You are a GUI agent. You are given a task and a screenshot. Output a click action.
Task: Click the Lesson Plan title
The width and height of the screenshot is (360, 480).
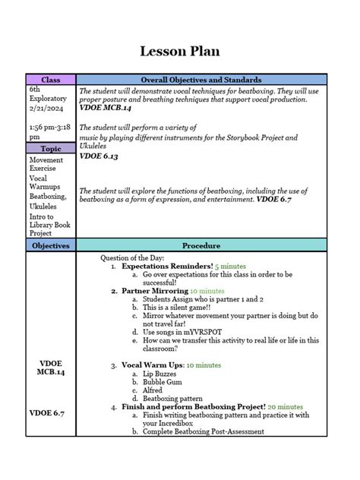coord(179,52)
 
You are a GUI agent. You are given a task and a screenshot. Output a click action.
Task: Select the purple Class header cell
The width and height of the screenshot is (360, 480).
coord(51,80)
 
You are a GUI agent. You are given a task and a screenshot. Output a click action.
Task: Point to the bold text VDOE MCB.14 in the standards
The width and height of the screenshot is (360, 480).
coord(106,108)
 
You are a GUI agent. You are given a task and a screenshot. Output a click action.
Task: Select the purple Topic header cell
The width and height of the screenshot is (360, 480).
coord(51,149)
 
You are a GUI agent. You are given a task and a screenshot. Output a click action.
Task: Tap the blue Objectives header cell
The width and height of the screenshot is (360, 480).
coord(51,245)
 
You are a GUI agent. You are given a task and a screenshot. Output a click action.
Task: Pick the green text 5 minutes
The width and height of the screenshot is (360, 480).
coord(231,267)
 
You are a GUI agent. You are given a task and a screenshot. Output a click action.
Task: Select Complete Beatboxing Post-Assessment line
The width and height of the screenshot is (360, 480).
coord(204,431)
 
